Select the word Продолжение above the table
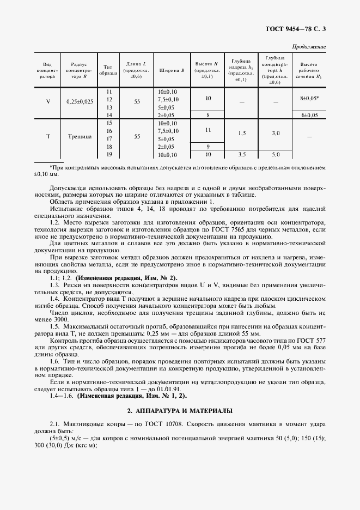[309, 47]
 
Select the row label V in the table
[48, 101]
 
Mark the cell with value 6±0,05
[309, 116]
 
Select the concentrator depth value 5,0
[276, 155]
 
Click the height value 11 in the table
[208, 131]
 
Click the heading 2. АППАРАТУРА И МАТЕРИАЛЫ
[180, 410]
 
